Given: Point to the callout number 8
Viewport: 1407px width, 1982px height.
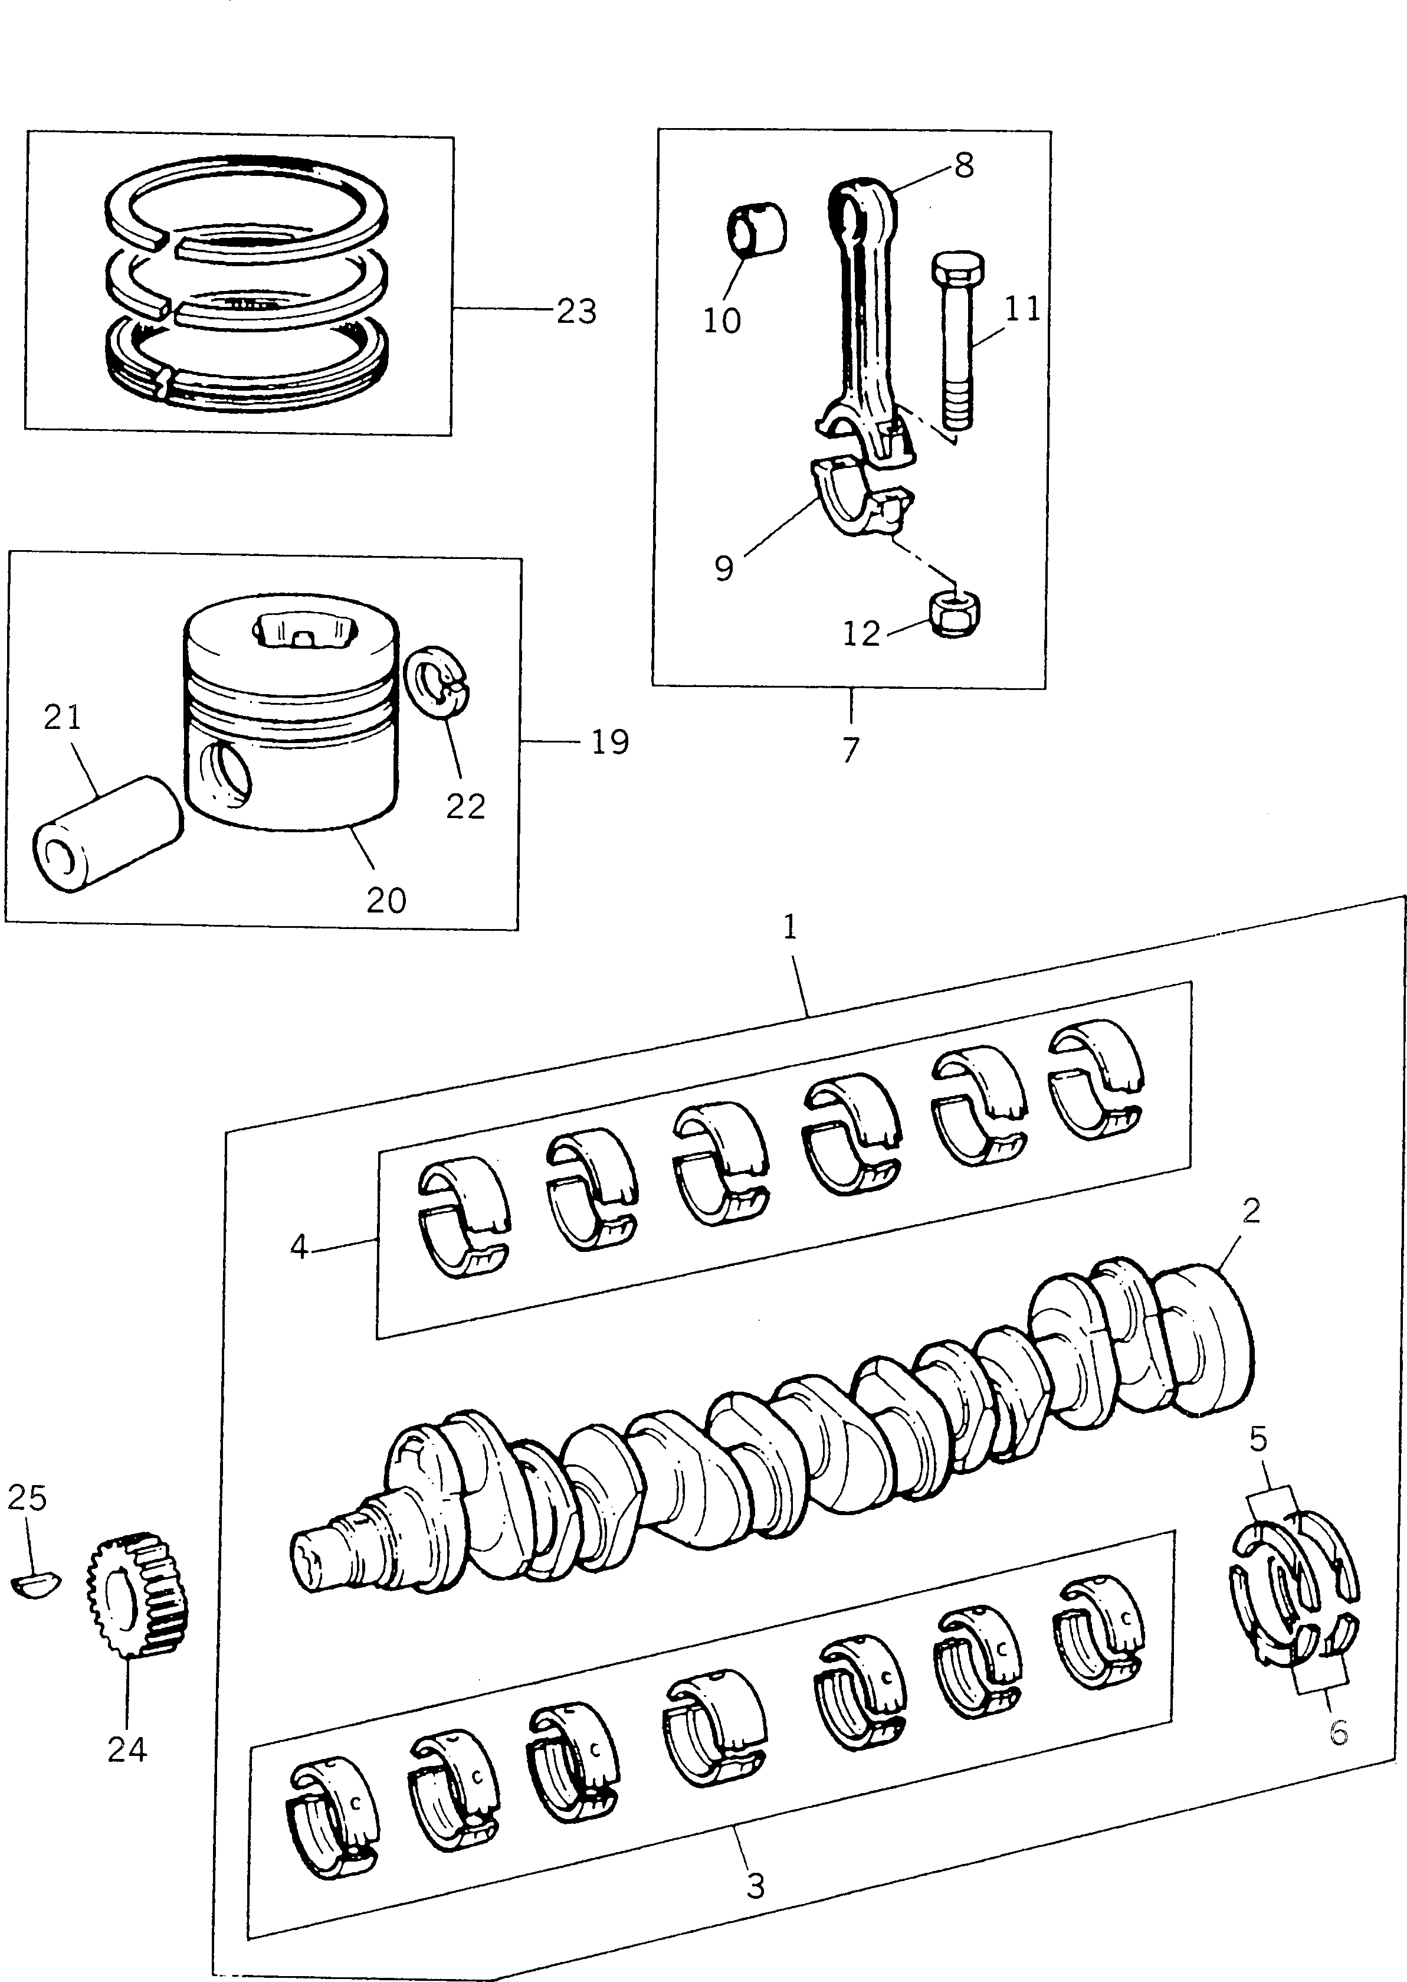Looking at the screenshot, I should pyautogui.click(x=965, y=165).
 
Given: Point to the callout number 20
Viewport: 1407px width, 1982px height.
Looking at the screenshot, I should pyautogui.click(x=386, y=901).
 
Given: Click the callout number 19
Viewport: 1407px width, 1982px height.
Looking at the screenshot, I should pyautogui.click(x=610, y=742).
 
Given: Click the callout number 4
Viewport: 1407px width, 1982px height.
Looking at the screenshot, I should pyautogui.click(x=299, y=1247).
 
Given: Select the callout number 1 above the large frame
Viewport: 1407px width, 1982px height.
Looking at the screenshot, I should pyautogui.click(x=789, y=928).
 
